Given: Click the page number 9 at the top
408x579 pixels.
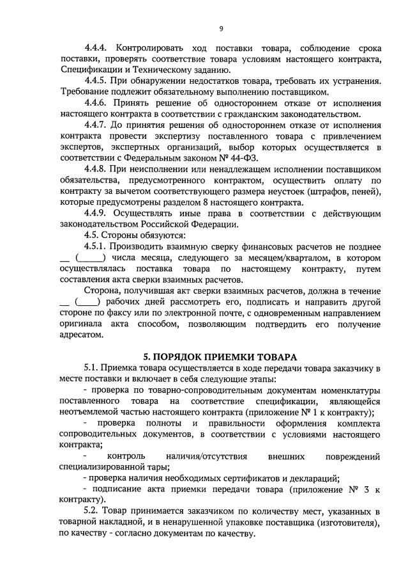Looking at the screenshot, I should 221,28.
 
